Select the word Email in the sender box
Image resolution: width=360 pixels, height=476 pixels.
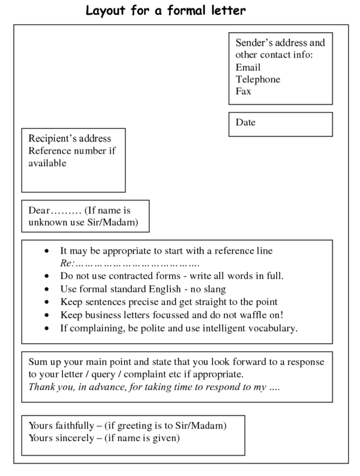pos(248,67)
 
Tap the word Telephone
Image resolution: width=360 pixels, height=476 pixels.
pos(258,79)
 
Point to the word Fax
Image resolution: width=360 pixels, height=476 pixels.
pos(243,91)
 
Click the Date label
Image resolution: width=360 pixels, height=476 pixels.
pos(245,122)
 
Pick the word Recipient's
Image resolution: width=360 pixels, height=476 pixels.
pos(53,139)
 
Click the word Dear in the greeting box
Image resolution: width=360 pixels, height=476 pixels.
pos(39,211)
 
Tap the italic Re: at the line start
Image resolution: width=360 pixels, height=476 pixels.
pos(67,264)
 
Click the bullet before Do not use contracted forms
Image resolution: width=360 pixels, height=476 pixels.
pos(47,276)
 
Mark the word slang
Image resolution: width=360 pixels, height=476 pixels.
pos(213,289)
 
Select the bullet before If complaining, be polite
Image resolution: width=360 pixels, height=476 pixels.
pos(47,328)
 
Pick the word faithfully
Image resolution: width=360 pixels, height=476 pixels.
pos(74,426)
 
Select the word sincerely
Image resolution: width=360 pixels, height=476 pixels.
pos(73,438)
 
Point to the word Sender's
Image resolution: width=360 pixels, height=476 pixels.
pos(254,43)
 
